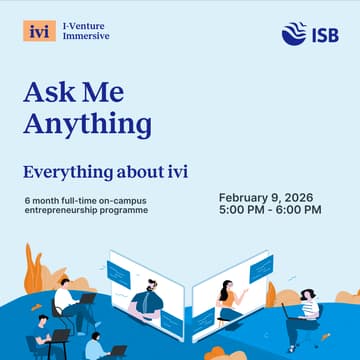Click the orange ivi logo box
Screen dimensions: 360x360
[x=39, y=30]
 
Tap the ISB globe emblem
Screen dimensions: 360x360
[x=294, y=33]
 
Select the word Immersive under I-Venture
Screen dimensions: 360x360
[x=86, y=36]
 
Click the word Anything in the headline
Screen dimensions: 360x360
[x=88, y=124]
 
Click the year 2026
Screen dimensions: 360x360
[x=308, y=196]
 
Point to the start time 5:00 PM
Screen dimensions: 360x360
[x=243, y=209]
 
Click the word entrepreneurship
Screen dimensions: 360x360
[x=65, y=210]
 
